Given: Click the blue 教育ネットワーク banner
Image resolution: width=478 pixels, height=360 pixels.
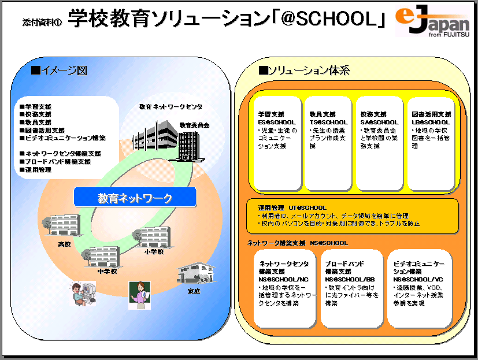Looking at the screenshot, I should point(135,198).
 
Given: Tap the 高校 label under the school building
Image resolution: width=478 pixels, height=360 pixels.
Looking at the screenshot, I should point(64,244).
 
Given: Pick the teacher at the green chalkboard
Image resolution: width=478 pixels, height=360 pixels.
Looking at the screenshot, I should point(139,294).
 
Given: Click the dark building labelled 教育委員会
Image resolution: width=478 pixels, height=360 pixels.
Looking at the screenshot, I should point(191,144).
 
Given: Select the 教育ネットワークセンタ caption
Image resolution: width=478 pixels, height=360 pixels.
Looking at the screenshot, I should point(171,107).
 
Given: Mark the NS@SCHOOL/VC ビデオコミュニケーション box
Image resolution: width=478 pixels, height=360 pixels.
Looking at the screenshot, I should point(418,287).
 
